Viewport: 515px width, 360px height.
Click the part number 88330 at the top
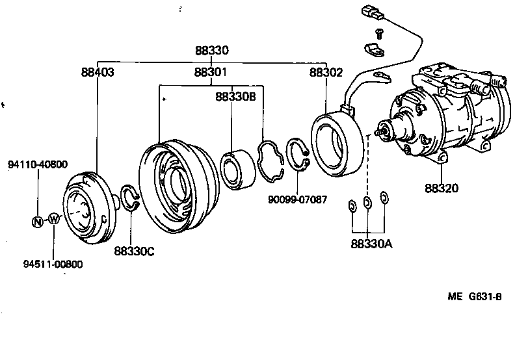coord(211,51)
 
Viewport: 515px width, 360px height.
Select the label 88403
coord(98,73)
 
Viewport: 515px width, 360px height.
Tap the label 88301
coord(211,73)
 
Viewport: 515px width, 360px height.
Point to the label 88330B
coord(236,96)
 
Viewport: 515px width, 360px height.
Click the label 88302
coord(326,73)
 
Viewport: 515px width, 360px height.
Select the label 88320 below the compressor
coord(442,188)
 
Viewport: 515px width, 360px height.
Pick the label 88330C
coord(135,251)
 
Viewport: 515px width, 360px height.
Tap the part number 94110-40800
coord(38,164)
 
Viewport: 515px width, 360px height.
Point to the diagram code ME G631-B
coord(475,297)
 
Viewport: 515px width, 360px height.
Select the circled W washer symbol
coord(54,219)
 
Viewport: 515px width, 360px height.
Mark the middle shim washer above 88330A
coord(367,203)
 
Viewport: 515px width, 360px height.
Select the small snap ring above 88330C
coord(130,198)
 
